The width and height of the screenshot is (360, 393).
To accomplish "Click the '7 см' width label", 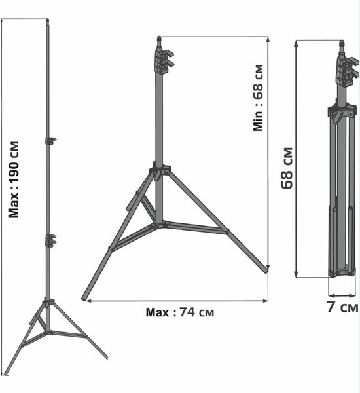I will pyautogui.click(x=342, y=306).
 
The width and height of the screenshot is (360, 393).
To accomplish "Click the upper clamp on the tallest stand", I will pyautogui.click(x=50, y=140).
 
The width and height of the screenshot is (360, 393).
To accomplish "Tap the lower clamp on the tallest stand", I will pyautogui.click(x=50, y=240).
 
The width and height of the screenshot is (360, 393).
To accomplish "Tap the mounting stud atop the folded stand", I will pyautogui.click(x=341, y=47).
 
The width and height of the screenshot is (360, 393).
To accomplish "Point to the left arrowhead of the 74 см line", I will pyautogui.click(x=84, y=301).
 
